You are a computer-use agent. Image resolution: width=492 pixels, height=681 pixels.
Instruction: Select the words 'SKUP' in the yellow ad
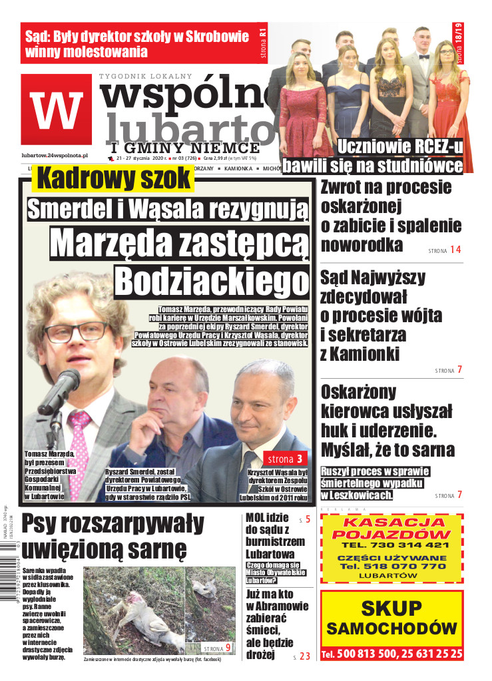coord(391,608)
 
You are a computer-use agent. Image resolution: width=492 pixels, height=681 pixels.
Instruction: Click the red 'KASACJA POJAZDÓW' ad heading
coord(391,528)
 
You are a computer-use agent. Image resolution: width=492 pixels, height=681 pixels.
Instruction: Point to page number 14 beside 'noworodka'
coord(455,250)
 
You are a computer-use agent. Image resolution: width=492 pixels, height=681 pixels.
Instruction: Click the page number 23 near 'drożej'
coord(305,656)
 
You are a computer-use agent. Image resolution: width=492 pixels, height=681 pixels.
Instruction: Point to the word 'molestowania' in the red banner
coord(102,51)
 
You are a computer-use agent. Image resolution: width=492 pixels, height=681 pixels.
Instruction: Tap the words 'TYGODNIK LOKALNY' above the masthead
coord(145,76)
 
